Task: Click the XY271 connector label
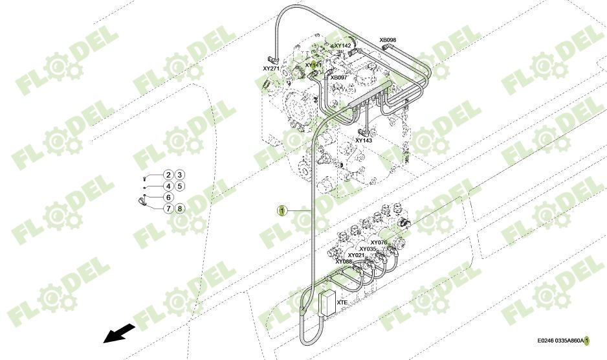coord(271,68)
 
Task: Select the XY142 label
coord(342,46)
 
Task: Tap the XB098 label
coord(388,40)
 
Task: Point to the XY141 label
coord(313,65)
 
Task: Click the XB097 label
coord(338,78)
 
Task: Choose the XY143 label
coord(364,140)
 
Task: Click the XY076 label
coord(379,242)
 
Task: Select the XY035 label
coord(368,249)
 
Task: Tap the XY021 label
coord(357,255)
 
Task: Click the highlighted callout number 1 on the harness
coord(281,210)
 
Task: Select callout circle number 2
coord(168,175)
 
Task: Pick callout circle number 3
coord(180,175)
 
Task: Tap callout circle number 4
coord(168,186)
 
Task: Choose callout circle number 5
coord(180,186)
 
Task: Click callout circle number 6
coord(168,197)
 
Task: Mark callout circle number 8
coord(180,208)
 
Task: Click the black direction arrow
coord(119,333)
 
